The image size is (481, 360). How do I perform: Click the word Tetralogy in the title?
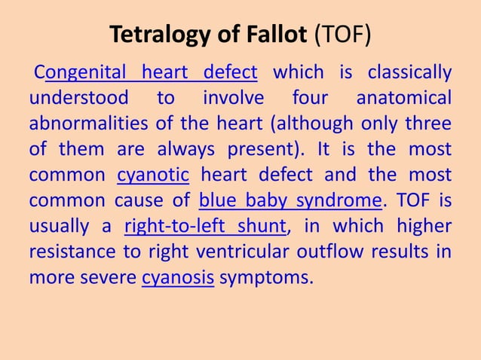155,35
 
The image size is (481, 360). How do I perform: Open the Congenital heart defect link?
151,73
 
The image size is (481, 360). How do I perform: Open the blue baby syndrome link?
290,201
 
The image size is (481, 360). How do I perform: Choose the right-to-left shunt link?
206,227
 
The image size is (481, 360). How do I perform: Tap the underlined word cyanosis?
178,278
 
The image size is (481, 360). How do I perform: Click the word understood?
75,99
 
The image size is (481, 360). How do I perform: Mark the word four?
308,99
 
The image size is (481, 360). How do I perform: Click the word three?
430,124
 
